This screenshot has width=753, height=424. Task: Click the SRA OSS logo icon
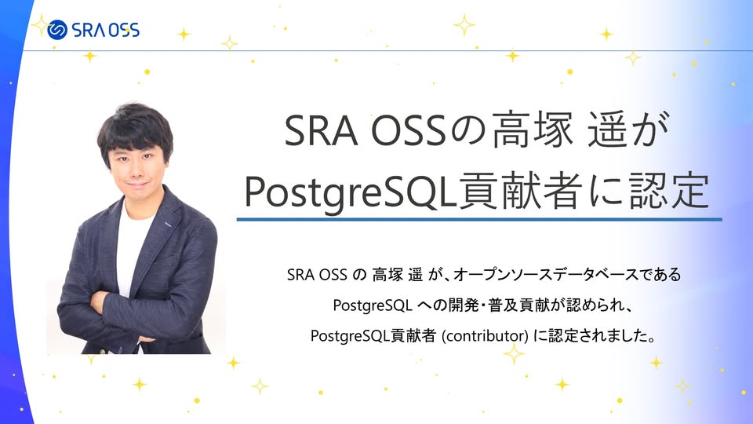pyautogui.click(x=57, y=31)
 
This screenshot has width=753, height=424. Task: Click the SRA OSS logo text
pyautogui.click(x=105, y=31)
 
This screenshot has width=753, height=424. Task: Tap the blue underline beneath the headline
pyautogui.click(x=478, y=220)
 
